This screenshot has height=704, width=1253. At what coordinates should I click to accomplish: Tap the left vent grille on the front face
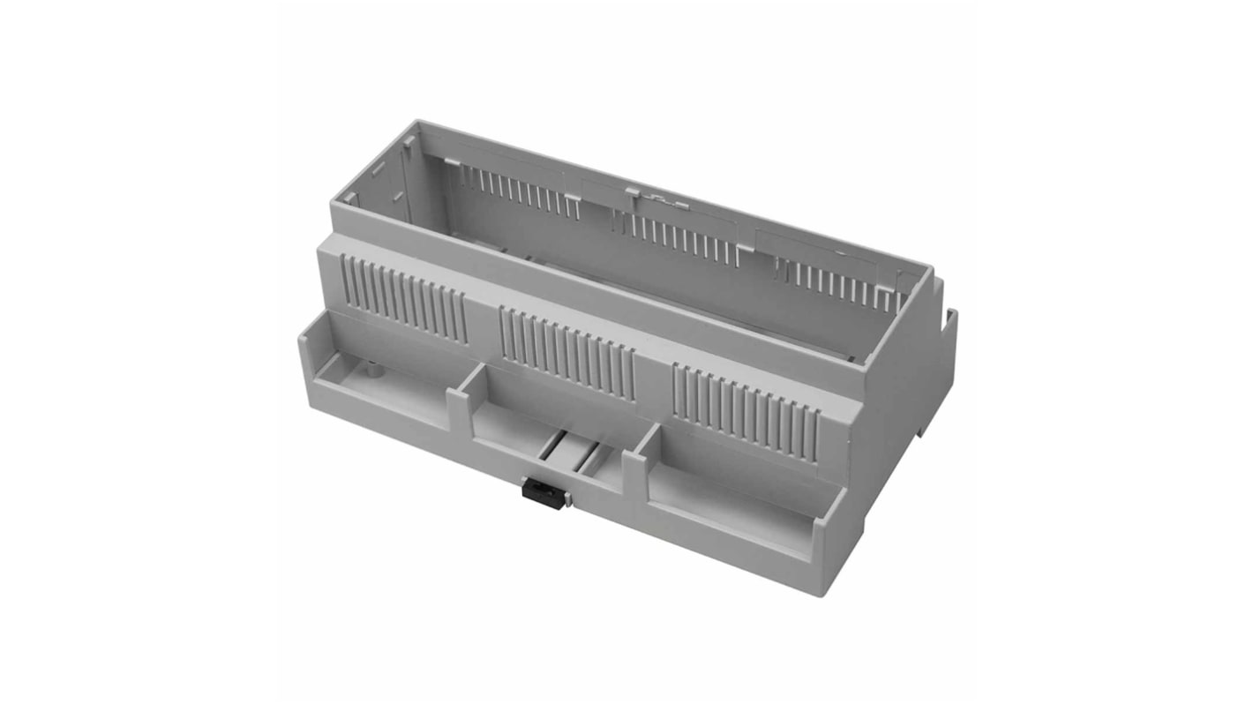(404, 300)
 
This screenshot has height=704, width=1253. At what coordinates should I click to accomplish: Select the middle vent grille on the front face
(566, 354)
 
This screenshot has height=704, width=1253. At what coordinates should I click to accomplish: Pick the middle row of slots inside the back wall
(679, 239)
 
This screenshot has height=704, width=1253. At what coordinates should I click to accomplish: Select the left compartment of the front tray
(388, 388)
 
